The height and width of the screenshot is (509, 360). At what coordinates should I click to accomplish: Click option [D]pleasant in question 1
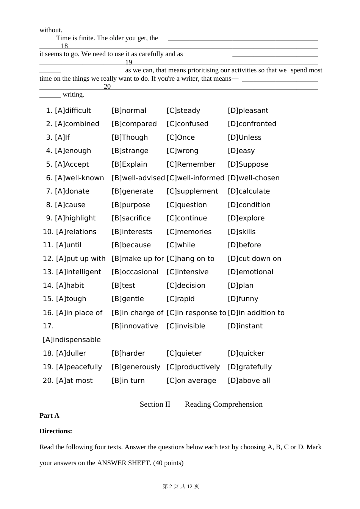(248, 111)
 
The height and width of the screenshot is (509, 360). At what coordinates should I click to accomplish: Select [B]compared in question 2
(134, 124)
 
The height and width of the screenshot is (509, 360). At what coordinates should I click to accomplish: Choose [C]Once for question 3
(181, 137)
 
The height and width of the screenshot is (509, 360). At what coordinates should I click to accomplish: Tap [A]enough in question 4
(73, 151)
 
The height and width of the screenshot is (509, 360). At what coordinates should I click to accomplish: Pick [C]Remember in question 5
(191, 164)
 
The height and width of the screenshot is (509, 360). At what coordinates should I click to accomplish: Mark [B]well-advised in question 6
(138, 178)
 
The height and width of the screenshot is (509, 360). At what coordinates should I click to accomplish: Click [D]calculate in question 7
(249, 191)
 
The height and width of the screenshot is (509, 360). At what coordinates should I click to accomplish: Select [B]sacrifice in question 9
(131, 218)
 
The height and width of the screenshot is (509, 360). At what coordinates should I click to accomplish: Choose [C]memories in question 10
(189, 232)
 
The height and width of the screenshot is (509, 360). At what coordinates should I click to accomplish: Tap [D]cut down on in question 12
(255, 259)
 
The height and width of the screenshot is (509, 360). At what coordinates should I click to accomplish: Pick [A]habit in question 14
(70, 286)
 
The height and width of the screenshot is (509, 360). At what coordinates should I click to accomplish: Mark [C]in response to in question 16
(196, 313)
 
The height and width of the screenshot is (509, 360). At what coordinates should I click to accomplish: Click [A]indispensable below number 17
(72, 340)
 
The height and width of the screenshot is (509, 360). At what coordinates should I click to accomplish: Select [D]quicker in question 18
(246, 353)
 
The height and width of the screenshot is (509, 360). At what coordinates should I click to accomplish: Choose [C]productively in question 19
(193, 367)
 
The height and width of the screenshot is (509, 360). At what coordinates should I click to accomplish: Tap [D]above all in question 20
(249, 381)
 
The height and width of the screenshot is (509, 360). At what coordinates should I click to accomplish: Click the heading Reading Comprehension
(224, 404)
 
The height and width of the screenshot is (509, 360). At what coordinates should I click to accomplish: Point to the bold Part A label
(49, 415)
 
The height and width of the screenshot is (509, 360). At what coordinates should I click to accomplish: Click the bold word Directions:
(56, 431)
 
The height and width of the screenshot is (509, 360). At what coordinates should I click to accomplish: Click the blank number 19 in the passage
(129, 62)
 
